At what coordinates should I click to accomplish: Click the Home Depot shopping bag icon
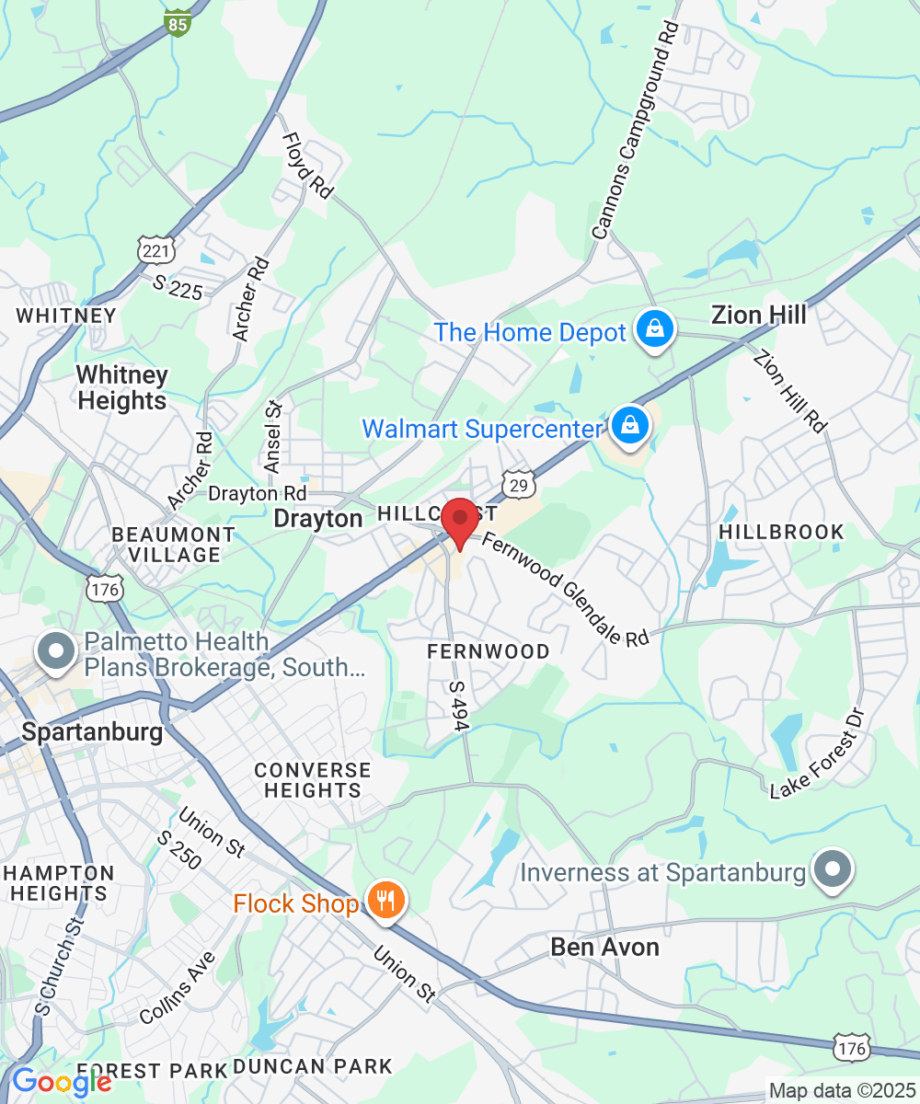[654, 329]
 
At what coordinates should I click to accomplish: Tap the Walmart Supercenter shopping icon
[629, 425]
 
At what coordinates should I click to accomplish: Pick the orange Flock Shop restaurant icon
[385, 899]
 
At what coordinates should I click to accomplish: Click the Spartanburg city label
[92, 733]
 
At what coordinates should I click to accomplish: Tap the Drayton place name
[318, 519]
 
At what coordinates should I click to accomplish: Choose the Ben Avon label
[604, 947]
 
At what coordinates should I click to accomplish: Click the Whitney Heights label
[122, 387]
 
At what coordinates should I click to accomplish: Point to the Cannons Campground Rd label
[635, 131]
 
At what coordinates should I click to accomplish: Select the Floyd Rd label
[306, 166]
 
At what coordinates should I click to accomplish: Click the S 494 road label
[458, 706]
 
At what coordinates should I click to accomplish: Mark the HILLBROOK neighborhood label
[781, 532]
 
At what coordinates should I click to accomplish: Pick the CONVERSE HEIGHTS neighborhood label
[312, 780]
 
